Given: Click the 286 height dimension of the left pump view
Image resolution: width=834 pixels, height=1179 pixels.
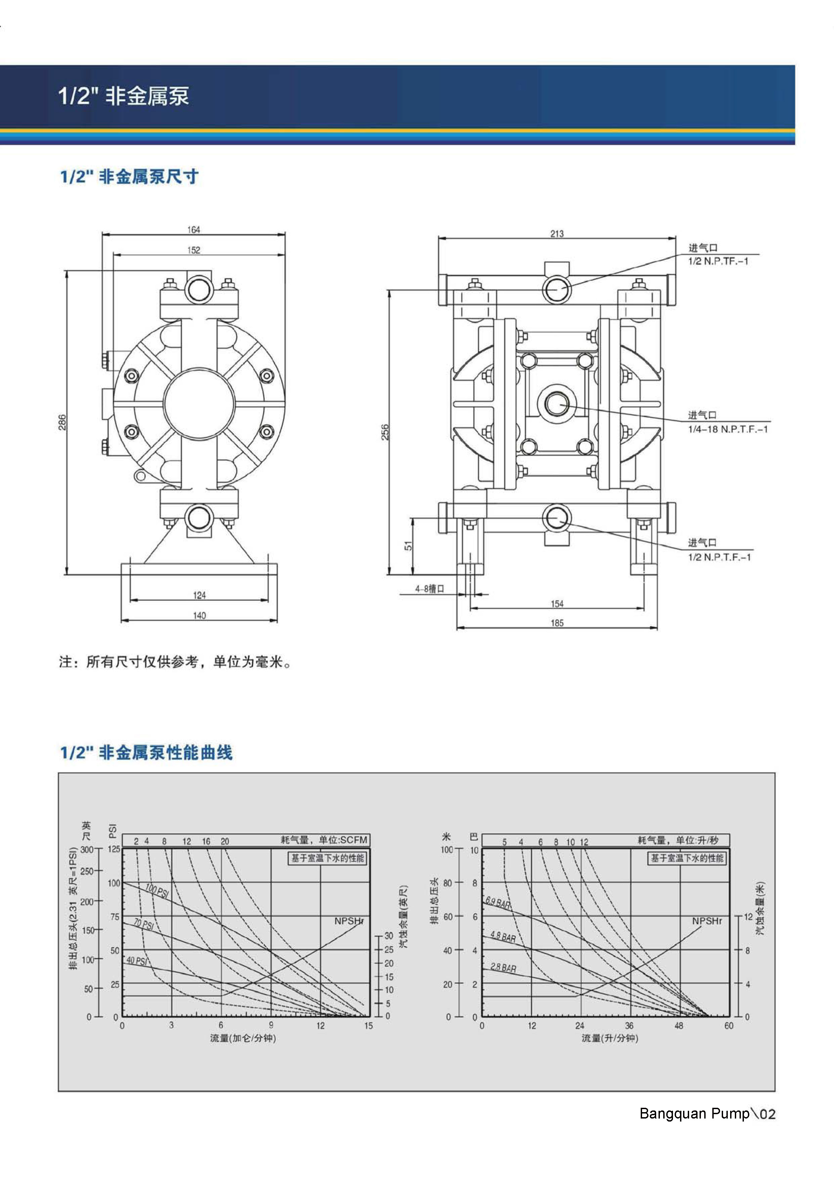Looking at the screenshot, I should pos(62,422).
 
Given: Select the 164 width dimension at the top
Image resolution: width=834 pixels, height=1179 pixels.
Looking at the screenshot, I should pos(193,229).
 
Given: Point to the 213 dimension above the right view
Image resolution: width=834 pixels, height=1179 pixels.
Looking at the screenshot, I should pos(557,234).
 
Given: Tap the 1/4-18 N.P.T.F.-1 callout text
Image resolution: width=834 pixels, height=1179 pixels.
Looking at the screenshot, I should pos(728,429).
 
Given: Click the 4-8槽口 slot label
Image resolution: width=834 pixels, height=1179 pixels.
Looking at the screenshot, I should pos(430,589).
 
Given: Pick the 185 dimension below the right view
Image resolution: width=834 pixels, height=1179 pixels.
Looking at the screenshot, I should pos(557,623).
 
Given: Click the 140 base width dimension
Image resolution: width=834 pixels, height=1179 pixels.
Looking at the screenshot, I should pos(199,615).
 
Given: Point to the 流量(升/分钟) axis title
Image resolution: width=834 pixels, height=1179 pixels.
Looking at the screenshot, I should pos(609,1038).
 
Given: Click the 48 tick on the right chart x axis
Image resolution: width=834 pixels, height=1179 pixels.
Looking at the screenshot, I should pos(679,1025).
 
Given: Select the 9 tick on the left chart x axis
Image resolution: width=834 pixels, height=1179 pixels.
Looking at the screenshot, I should pos(271,1025).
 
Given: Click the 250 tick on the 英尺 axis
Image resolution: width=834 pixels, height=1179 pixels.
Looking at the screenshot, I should pos(87,872).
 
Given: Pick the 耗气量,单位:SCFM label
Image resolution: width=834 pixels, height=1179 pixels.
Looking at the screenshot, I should pos(324,840).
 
